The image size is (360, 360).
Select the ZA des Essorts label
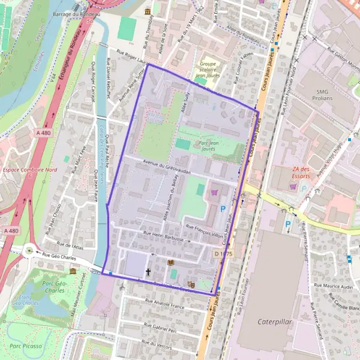click(300, 173)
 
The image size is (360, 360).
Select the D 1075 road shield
click(223, 254)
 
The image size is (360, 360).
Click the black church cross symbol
click(148, 272)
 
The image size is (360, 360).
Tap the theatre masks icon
click(191, 284)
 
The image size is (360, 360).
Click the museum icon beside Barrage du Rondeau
click(148, 12)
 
